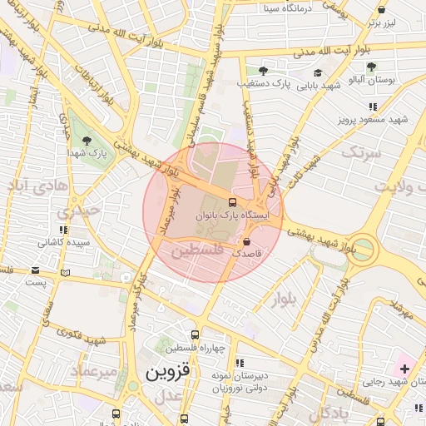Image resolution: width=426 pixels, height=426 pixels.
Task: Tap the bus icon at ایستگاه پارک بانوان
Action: pos(231,201)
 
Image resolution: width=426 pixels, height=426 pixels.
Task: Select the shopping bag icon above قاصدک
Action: pos(246,240)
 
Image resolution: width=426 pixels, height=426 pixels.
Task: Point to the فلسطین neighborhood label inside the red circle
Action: pos(198,250)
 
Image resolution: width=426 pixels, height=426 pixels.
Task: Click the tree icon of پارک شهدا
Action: pos(87,141)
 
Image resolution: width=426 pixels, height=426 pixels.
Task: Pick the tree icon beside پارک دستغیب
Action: pos(263,72)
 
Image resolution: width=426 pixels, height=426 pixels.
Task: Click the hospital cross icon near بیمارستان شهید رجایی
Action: pos(404,369)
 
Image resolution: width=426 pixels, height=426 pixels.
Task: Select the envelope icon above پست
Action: pos(35,270)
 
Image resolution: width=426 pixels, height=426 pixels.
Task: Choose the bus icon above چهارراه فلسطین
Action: pos(196,334)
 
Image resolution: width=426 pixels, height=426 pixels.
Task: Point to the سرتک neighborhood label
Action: pos(360,152)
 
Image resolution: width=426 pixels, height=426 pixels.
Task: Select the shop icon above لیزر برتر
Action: pos(381,10)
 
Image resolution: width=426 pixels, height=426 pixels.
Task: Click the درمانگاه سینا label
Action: pos(286,9)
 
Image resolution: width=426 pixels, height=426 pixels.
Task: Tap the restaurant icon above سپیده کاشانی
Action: pos(63,230)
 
